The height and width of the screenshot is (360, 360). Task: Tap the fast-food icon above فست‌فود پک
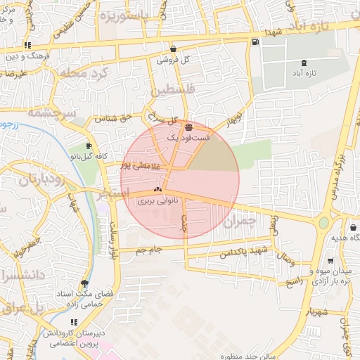[188, 127]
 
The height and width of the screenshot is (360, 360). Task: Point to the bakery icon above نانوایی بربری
[157, 190]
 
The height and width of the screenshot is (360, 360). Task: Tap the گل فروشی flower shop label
[174, 60]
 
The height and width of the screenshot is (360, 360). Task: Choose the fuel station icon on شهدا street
[253, 41]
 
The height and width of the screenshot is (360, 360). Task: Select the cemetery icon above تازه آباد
[303, 63]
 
